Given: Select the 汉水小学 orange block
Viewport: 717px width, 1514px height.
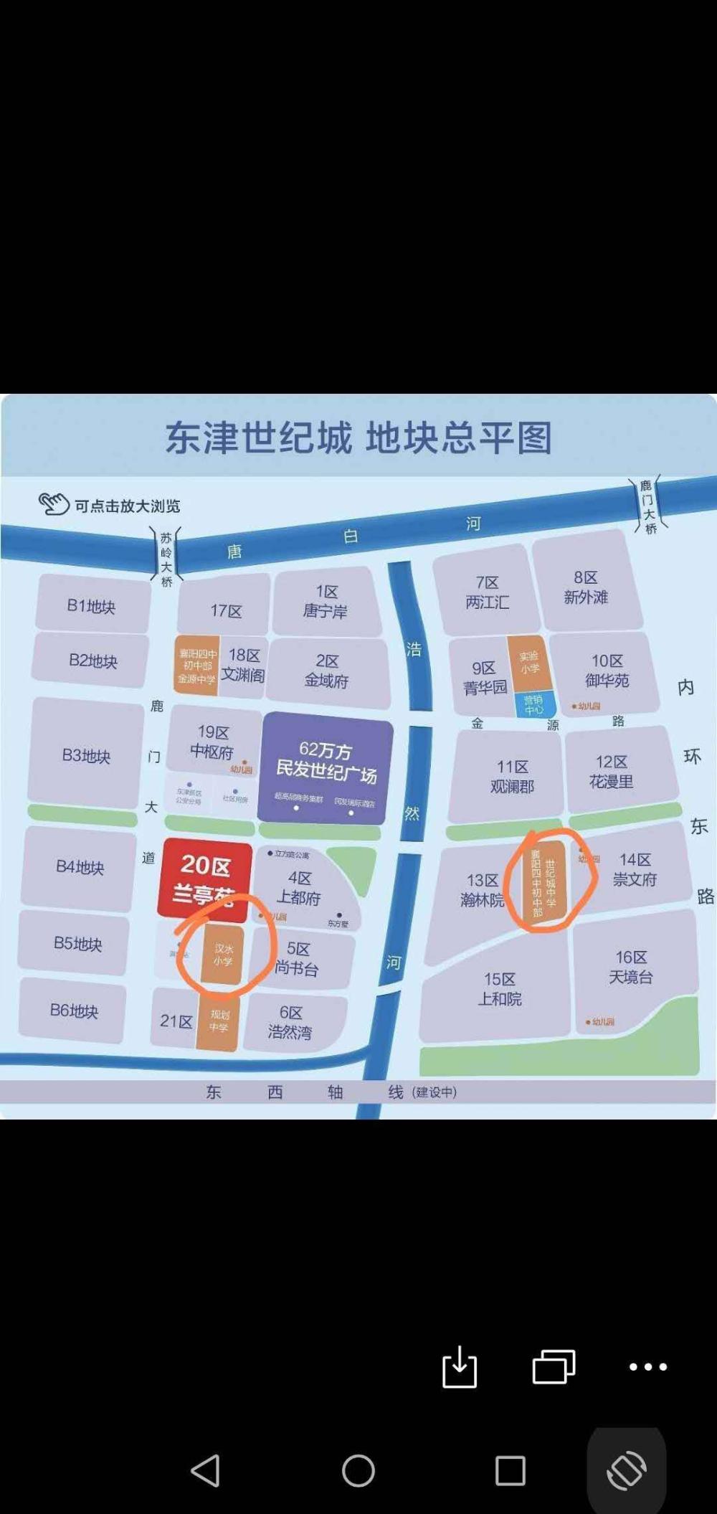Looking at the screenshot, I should point(223,955).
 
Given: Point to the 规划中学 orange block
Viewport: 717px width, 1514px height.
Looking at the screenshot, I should point(218,1021).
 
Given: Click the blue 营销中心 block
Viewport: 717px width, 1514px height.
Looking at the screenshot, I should point(533,704).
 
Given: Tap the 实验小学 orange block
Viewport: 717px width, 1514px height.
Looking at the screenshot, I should point(529,662).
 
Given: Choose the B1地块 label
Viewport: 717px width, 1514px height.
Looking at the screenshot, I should point(91,606).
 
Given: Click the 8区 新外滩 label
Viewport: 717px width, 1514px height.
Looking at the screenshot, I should point(585,587).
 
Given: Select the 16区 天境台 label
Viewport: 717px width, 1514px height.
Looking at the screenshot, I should point(631,967).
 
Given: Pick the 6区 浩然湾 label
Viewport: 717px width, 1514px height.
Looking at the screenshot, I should point(290,1022).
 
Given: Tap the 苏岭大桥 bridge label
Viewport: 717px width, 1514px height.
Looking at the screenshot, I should point(166,559).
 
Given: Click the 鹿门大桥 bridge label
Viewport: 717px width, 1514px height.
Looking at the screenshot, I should point(648,507).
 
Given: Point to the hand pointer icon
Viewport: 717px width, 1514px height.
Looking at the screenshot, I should point(53,504).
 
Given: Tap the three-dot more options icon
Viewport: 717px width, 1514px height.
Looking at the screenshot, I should point(648,1366).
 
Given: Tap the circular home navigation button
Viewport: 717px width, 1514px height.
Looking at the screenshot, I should point(358,1472).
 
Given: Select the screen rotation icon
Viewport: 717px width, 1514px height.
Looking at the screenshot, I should point(627,1471).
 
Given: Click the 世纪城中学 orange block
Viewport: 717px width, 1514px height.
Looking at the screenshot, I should point(543,879).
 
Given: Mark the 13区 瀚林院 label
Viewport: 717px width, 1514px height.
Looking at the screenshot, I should point(483,890).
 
